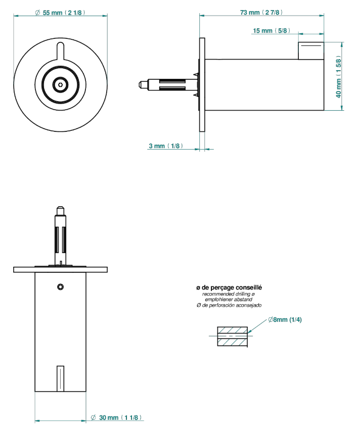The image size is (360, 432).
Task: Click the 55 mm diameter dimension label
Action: tap(60, 13)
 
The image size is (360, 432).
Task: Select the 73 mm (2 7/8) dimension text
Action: tap(261, 13)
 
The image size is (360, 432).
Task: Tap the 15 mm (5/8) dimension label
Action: tap(272, 31)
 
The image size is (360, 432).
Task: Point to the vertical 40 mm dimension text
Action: tap(338, 77)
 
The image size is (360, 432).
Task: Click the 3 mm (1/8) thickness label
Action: tap(166, 146)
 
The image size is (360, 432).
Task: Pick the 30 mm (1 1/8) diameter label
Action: tap(116, 417)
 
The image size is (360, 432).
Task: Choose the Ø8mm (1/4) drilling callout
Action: tap(285, 320)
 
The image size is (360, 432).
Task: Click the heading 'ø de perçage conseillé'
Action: tap(229, 287)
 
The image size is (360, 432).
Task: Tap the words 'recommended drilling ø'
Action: tap(229, 294)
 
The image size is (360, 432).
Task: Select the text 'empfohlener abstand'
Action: tap(229, 300)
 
